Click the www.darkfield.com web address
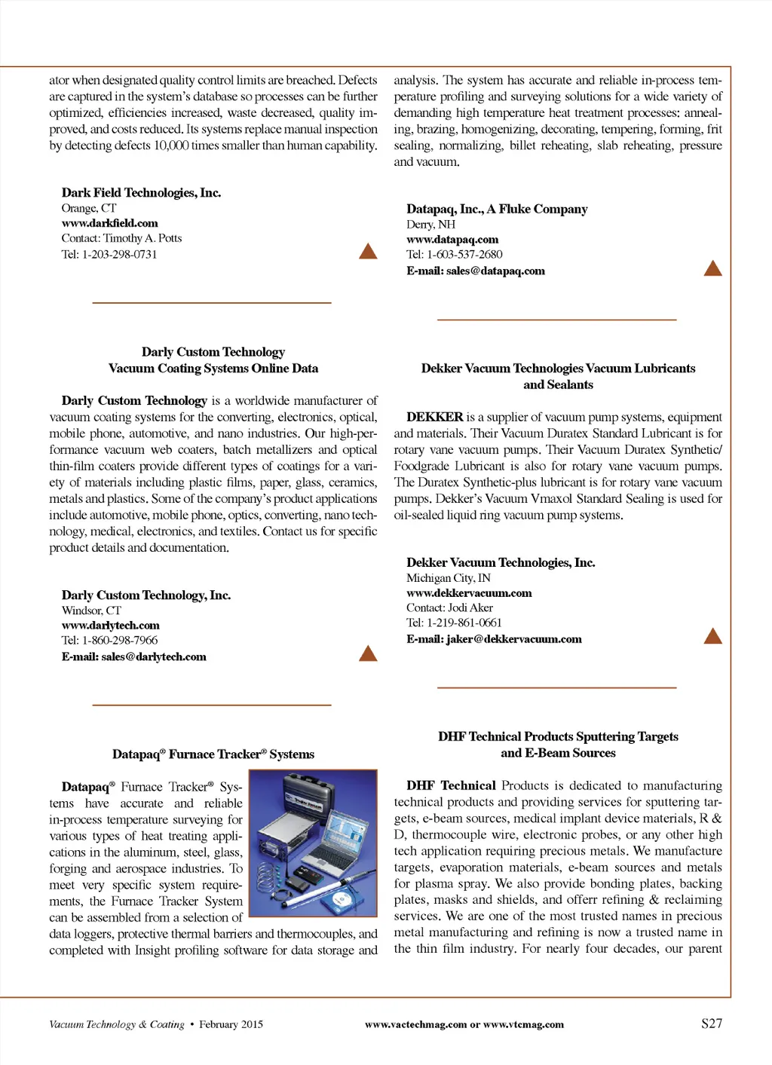tap(110, 223)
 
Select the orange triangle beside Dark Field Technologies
tap(368, 251)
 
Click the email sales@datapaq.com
tap(495, 271)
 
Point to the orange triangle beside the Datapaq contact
tap(712, 268)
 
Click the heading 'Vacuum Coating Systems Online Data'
tap(213, 369)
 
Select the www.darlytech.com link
tap(111, 626)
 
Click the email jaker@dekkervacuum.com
tap(513, 639)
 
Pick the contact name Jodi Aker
tap(470, 607)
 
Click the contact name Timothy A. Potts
tap(142, 238)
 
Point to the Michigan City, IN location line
tap(449, 578)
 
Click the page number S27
tap(712, 1024)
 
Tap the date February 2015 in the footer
tap(231, 1024)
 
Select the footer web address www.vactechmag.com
tap(415, 1024)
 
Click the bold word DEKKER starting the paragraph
tap(435, 417)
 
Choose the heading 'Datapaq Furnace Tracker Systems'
tap(213, 754)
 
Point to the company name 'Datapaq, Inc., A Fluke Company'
tap(497, 209)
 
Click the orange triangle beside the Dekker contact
tap(712, 636)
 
